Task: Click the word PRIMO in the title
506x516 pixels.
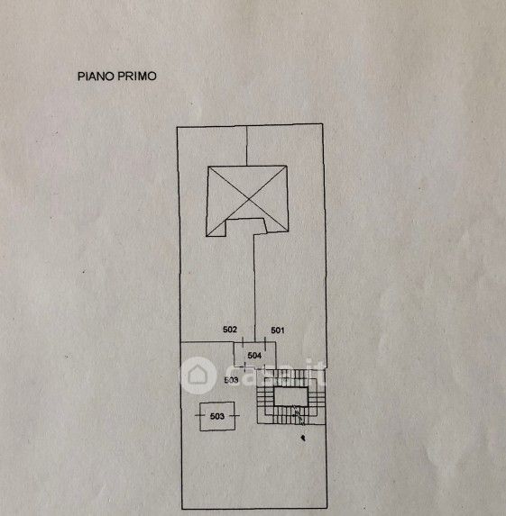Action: pyautogui.click(x=137, y=77)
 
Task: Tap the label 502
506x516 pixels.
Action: pyautogui.click(x=230, y=330)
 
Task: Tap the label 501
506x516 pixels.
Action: pyautogui.click(x=278, y=330)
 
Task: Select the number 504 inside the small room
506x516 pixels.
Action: pyautogui.click(x=254, y=356)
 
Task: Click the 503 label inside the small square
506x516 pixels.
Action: pyautogui.click(x=217, y=416)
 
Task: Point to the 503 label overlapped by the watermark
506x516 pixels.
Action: pyautogui.click(x=231, y=380)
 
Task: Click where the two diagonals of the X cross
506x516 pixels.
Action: pyautogui.click(x=249, y=199)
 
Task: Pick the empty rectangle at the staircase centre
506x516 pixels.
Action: pyautogui.click(x=291, y=396)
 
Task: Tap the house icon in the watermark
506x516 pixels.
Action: pyautogui.click(x=198, y=376)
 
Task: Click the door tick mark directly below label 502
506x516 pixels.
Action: pyautogui.click(x=243, y=342)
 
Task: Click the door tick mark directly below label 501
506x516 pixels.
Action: pyautogui.click(x=265, y=342)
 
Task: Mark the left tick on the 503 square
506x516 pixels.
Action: pyautogui.click(x=200, y=415)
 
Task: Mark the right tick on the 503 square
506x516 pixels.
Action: pyautogui.click(x=235, y=416)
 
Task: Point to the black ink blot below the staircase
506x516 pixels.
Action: pyautogui.click(x=303, y=438)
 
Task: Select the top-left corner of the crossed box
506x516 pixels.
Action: pyautogui.click(x=208, y=167)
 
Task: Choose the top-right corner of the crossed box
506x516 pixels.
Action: pyautogui.click(x=287, y=166)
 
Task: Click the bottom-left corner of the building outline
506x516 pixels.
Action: pyautogui.click(x=182, y=509)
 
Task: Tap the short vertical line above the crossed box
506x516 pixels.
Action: pyautogui.click(x=247, y=146)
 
